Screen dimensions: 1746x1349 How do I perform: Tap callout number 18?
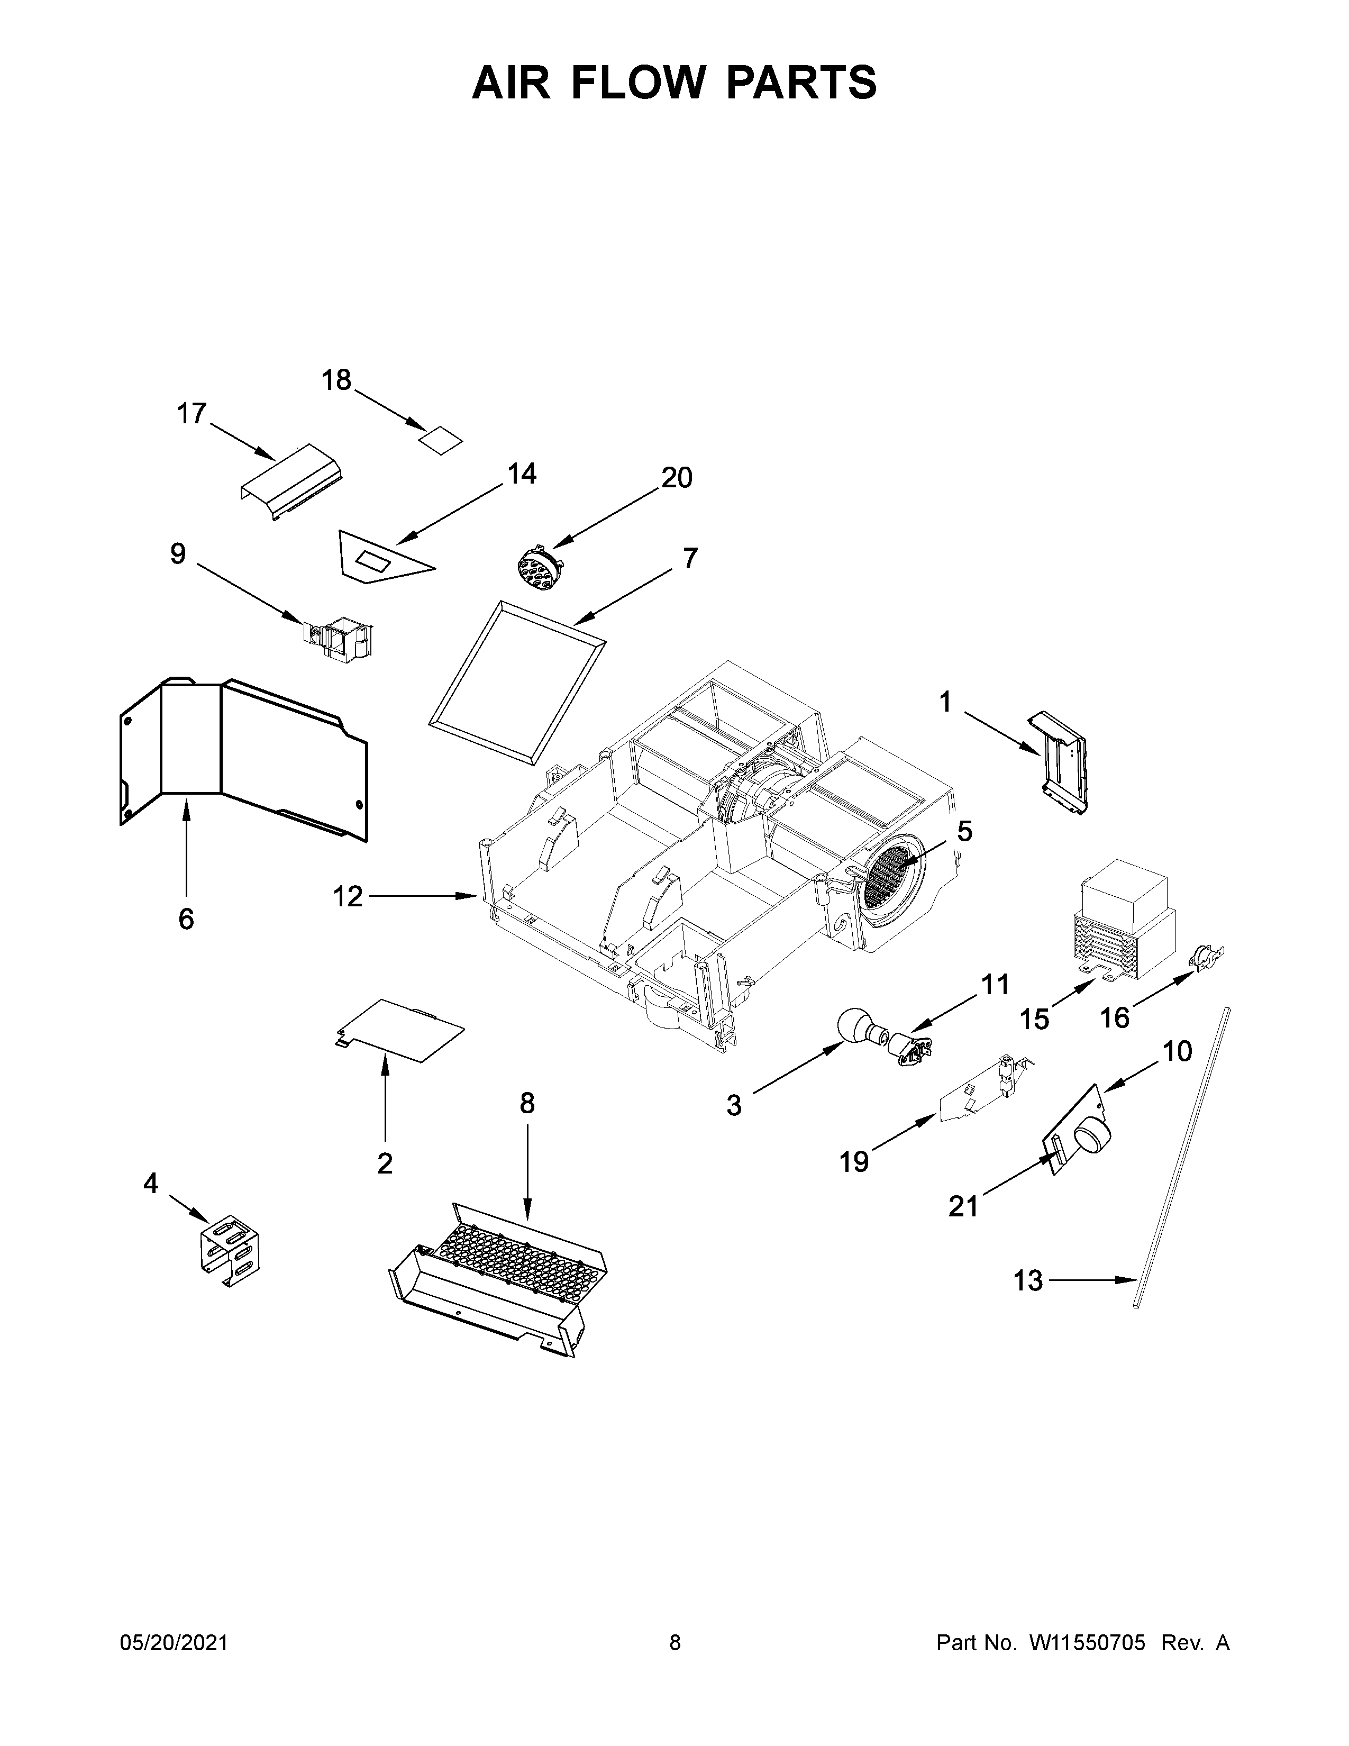(x=336, y=380)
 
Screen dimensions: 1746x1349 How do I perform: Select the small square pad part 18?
(x=442, y=440)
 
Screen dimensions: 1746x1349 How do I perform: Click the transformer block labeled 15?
(x=1125, y=920)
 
